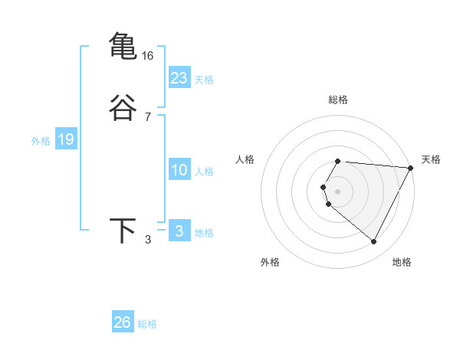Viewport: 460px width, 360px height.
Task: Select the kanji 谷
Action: click(x=123, y=108)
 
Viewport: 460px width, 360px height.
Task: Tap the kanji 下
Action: click(x=123, y=231)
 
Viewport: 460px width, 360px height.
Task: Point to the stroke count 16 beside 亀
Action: click(x=148, y=56)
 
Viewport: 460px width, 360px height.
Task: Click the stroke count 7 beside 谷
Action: click(x=148, y=117)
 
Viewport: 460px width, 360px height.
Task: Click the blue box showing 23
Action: click(x=179, y=78)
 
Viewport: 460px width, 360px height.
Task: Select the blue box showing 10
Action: click(x=179, y=170)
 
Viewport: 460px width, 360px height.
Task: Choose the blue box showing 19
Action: click(x=65, y=139)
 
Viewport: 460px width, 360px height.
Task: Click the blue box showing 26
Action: click(x=123, y=322)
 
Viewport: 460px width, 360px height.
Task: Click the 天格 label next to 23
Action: click(x=204, y=80)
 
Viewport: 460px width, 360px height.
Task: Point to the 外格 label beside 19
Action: click(x=41, y=141)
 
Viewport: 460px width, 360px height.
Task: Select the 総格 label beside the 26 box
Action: click(x=147, y=324)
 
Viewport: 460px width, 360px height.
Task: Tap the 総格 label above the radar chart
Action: click(x=338, y=100)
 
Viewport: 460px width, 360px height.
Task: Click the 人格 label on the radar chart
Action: click(x=245, y=159)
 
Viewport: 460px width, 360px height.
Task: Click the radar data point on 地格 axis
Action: click(x=374, y=242)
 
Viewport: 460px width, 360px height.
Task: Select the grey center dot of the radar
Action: click(x=338, y=191)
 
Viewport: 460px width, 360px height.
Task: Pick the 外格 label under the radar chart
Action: click(x=270, y=262)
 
